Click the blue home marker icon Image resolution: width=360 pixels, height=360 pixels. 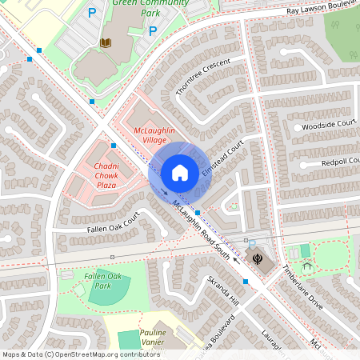coord(179,172)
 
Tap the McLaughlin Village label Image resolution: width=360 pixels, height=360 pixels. coord(154,135)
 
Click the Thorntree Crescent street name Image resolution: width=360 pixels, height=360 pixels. coord(202,78)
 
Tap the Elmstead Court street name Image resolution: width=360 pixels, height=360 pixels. coord(222,161)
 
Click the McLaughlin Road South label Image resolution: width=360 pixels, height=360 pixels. coord(204,229)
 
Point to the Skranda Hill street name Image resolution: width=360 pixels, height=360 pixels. coord(223,291)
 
